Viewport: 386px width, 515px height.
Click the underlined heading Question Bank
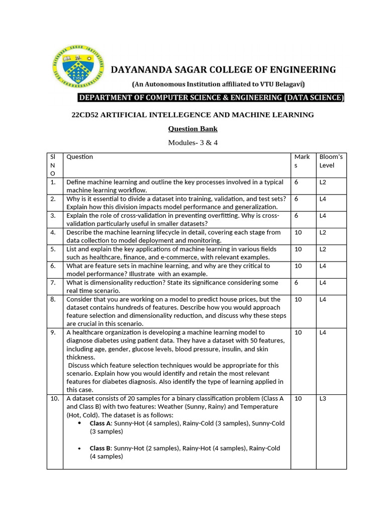[192, 129]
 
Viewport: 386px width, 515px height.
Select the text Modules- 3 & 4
[192, 143]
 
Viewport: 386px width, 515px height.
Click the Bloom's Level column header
[331, 161]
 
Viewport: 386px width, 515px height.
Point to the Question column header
[79, 157]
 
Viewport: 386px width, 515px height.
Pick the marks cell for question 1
[297, 182]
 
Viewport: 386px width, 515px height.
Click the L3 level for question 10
[323, 398]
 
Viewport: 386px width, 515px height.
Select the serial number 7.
[53, 283]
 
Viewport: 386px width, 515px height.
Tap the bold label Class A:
[101, 423]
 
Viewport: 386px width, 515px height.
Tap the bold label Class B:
[101, 448]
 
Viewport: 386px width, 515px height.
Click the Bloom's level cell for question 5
[323, 249]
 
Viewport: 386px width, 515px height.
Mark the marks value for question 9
[298, 332]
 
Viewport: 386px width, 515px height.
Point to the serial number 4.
[53, 232]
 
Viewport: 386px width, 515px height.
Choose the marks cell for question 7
[297, 283]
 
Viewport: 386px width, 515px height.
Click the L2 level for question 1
[323, 182]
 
